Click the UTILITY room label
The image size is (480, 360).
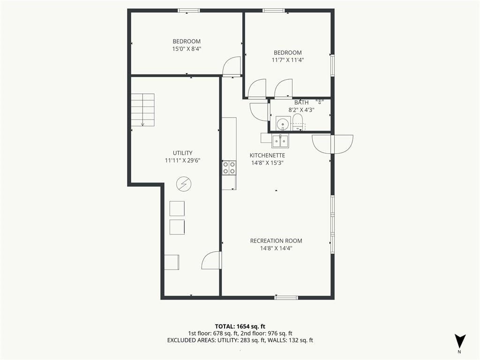tap(182, 153)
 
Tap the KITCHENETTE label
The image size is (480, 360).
tap(267, 156)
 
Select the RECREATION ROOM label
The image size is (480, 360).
tap(276, 241)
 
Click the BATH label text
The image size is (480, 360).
tap(301, 103)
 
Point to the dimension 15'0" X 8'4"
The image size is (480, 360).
tap(187, 49)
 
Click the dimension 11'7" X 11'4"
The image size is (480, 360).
tap(288, 60)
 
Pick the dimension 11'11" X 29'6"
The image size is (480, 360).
tap(182, 160)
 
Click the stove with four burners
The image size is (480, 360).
tap(229, 168)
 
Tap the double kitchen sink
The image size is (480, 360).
tap(281, 141)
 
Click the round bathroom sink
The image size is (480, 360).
tap(282, 124)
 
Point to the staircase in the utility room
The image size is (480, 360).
tap(142, 110)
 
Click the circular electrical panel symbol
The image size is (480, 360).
tap(184, 184)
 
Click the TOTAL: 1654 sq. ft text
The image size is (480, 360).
tap(240, 326)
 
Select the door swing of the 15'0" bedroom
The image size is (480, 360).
tap(232, 66)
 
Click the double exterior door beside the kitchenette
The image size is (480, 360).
tap(332, 144)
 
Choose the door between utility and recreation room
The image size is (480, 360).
tap(211, 261)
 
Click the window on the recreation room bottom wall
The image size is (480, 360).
tap(286, 297)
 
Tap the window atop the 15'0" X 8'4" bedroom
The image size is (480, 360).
tap(189, 11)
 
